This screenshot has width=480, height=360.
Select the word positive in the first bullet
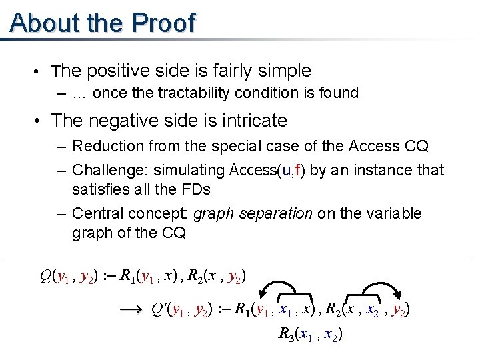119,71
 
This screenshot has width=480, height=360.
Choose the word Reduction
104,145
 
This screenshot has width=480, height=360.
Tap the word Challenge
103,170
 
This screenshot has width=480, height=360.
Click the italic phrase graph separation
253,213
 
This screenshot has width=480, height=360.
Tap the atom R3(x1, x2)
311,335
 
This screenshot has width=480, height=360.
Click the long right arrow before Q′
134,309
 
